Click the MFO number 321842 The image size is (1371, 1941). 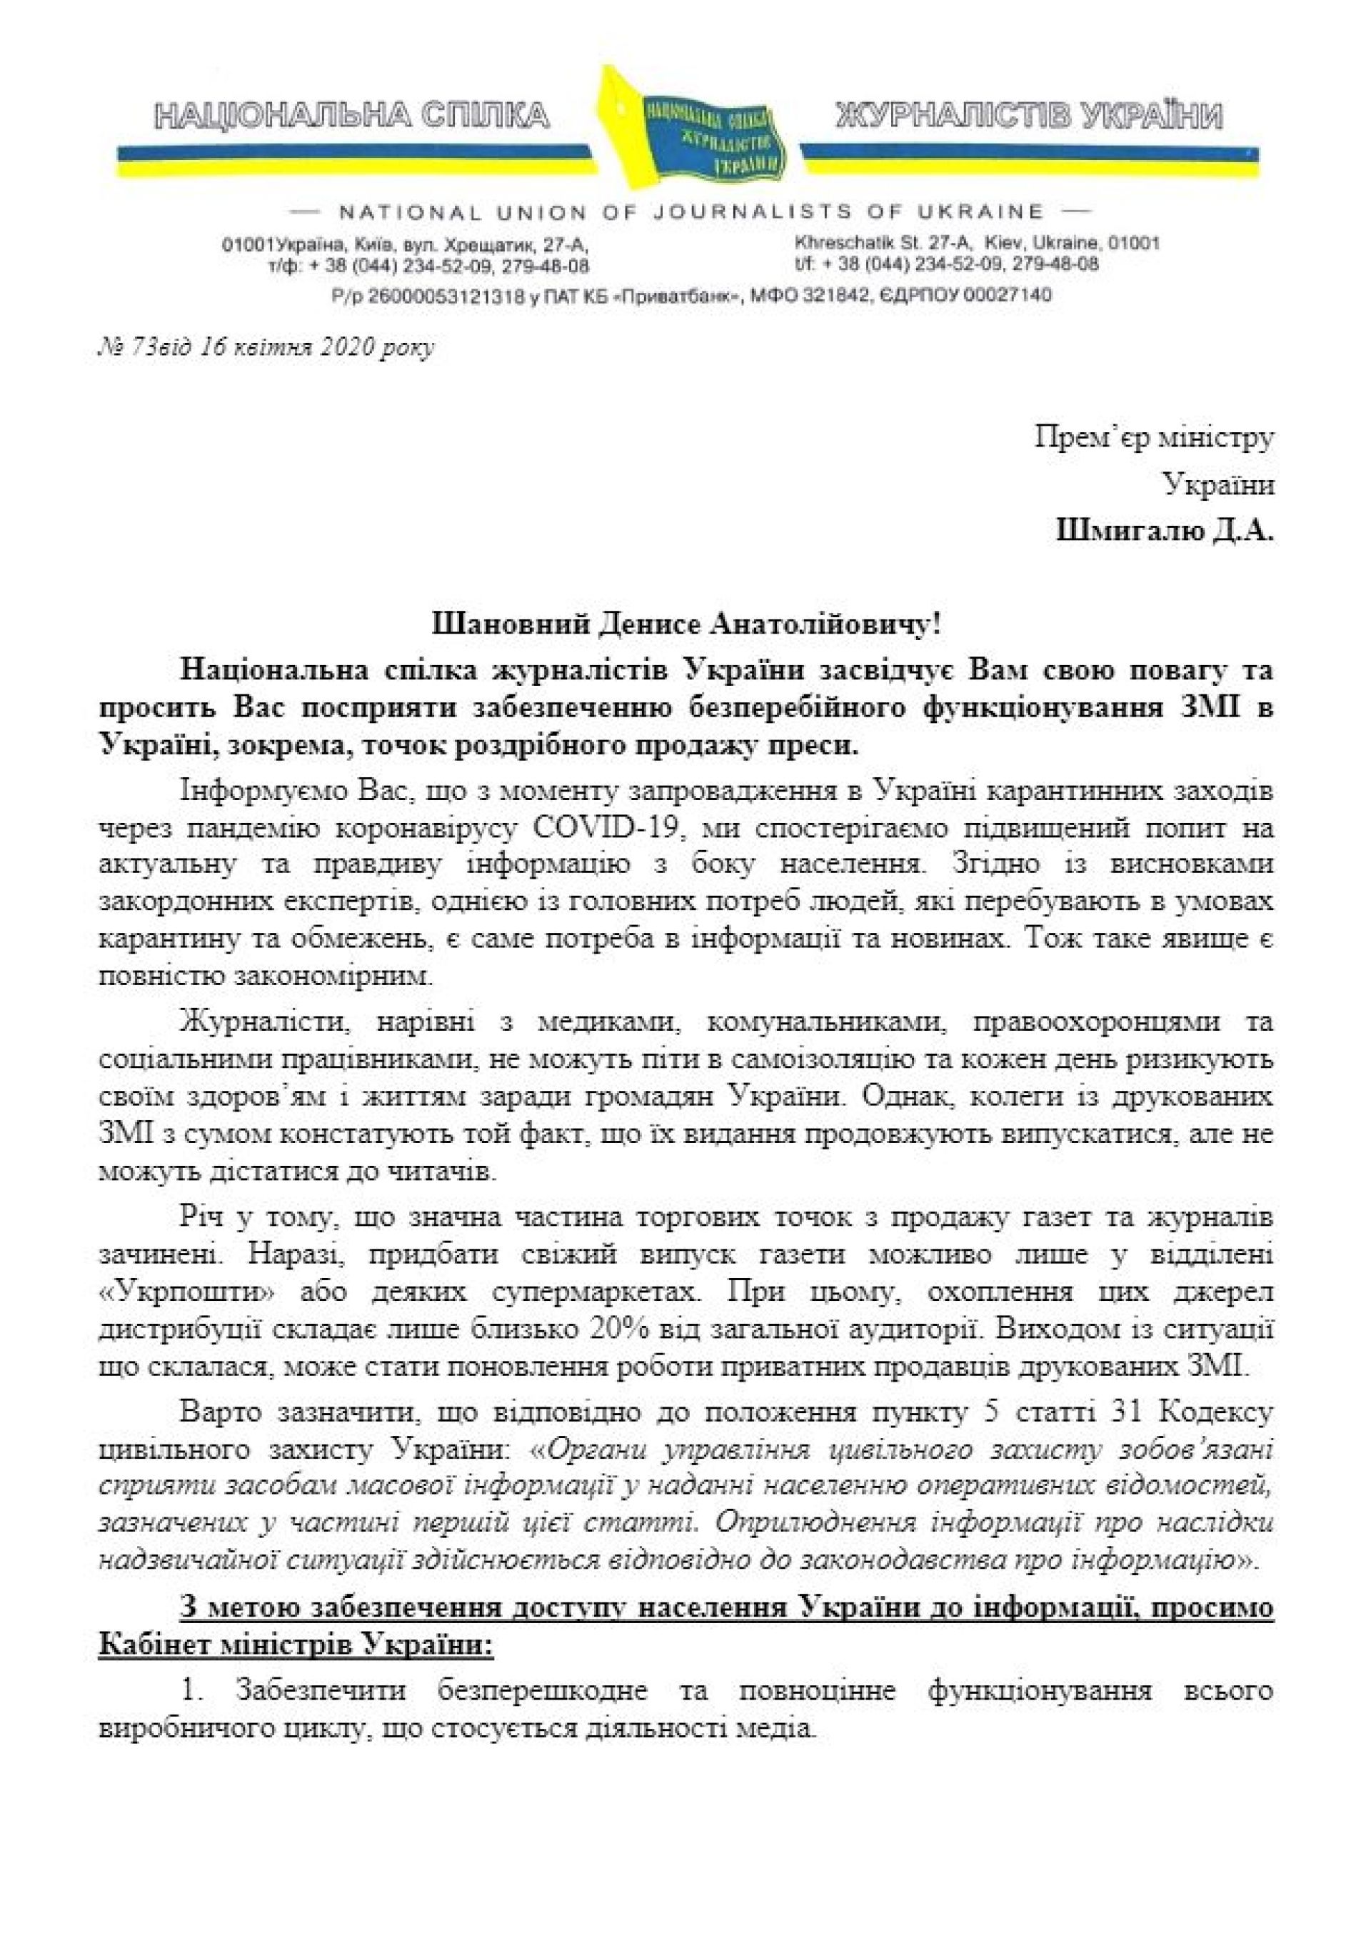point(847,296)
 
